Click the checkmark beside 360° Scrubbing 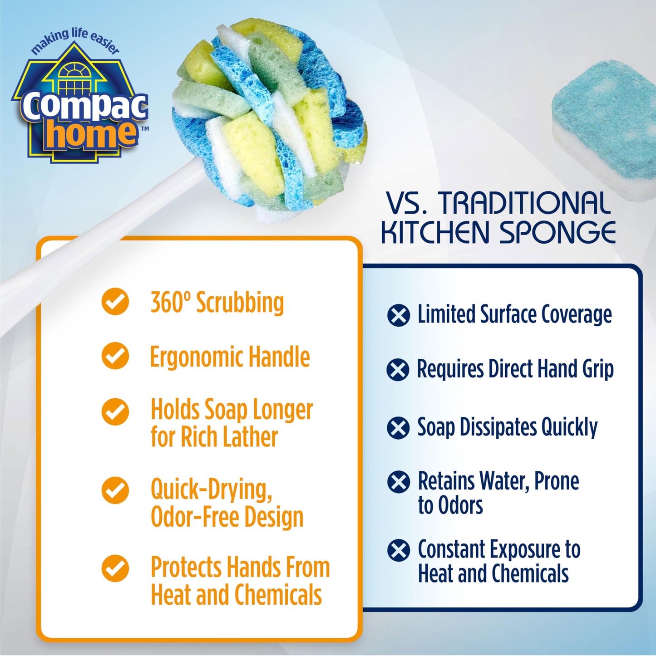pos(115,302)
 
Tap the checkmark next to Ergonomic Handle pos(115,356)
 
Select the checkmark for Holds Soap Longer pos(115,411)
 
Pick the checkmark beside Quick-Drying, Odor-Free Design pos(115,490)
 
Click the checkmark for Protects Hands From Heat pos(115,568)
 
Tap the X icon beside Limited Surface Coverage pos(399,315)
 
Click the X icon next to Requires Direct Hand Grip pos(398,370)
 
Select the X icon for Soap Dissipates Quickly pos(399,428)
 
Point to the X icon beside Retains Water pos(399,482)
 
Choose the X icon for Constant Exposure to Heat pos(399,550)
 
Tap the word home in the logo pos(91,134)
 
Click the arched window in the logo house pos(75,71)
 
